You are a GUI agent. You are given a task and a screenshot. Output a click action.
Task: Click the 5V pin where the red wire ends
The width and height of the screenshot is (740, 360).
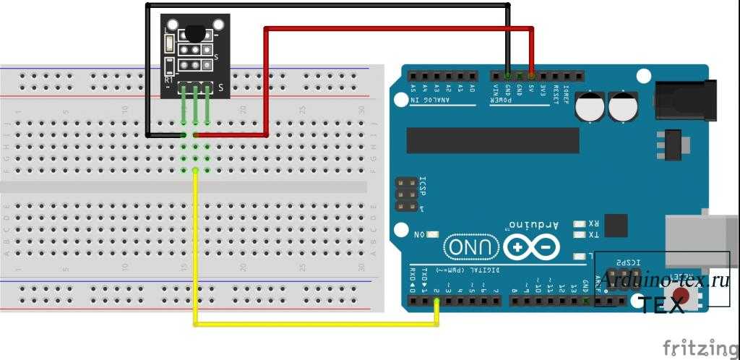(x=532, y=75)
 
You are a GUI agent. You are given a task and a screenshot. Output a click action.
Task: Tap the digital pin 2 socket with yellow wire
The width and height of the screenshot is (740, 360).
(x=436, y=300)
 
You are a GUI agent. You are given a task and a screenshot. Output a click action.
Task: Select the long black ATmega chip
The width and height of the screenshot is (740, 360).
(x=492, y=140)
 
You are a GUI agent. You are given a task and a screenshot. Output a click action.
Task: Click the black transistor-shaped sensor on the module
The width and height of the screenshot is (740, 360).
(x=196, y=32)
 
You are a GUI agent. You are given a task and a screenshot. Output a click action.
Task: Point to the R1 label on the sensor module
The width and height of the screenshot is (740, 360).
(x=168, y=81)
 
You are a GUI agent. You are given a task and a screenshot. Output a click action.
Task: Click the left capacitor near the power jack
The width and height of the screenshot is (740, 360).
(x=590, y=107)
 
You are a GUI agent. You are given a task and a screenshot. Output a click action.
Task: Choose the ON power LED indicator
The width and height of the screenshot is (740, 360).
(x=431, y=234)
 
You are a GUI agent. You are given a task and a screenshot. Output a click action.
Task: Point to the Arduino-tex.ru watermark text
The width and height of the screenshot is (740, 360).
(x=664, y=280)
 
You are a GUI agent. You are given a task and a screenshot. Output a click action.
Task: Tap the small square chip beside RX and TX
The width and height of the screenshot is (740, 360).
(x=616, y=226)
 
